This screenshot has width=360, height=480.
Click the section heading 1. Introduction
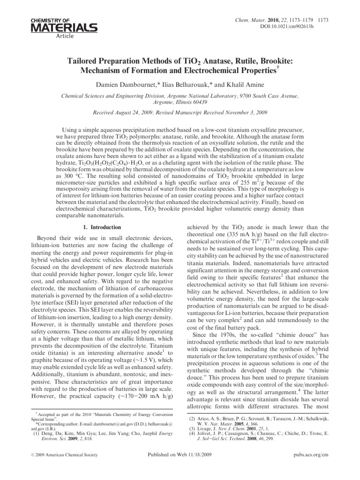click(97, 227)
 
